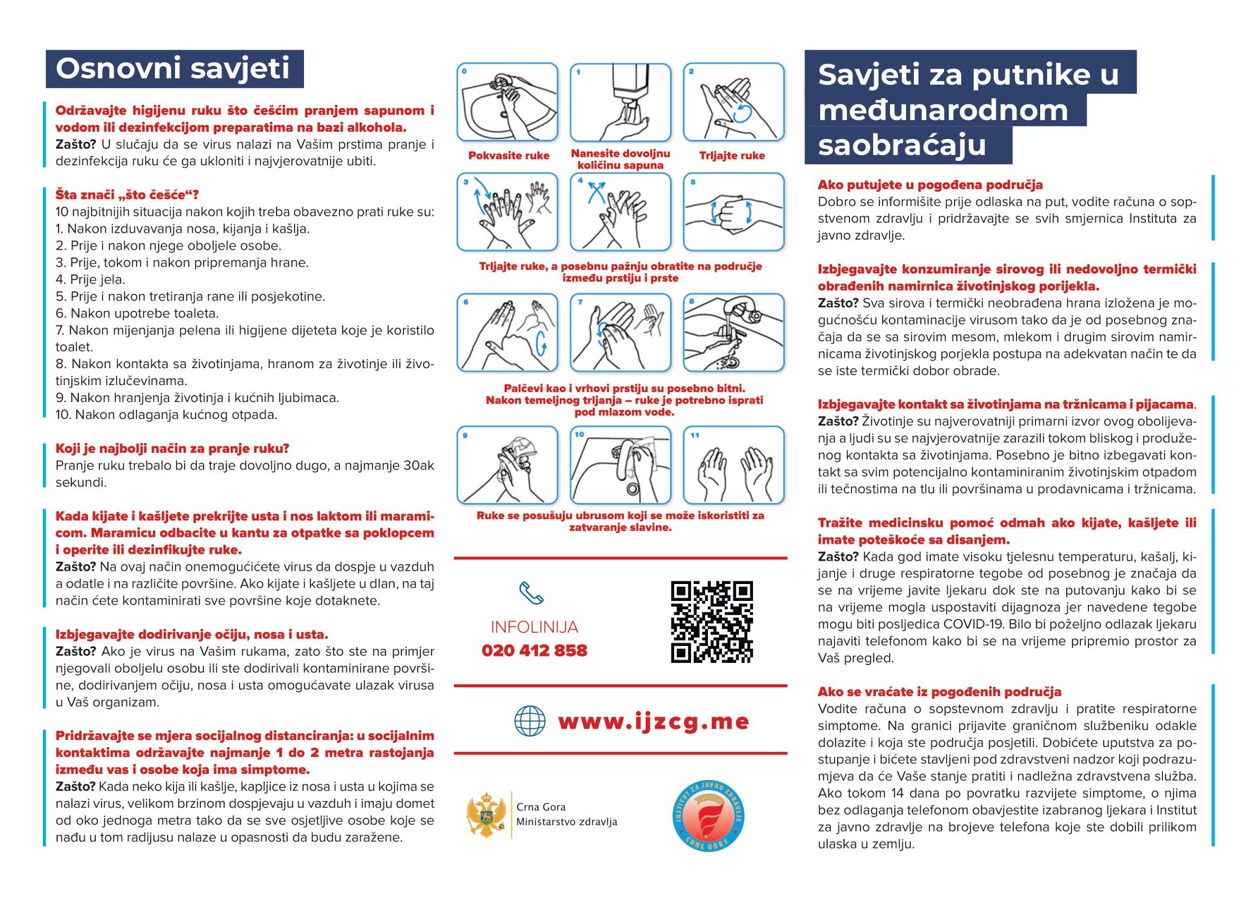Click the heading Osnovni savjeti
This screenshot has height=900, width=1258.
[173, 69]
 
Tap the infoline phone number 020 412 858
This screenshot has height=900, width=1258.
[535, 650]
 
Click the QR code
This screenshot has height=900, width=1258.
[712, 622]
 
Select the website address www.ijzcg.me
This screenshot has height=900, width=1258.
[653, 722]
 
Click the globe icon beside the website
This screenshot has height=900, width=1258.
[530, 721]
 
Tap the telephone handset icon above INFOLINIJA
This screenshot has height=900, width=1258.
[531, 593]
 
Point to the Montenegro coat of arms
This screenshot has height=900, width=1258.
[486, 815]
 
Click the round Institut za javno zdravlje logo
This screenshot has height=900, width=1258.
[708, 815]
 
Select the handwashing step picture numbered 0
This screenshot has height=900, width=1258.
[507, 102]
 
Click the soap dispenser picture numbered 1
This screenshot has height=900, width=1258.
[621, 102]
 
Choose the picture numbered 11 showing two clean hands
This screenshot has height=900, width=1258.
[733, 466]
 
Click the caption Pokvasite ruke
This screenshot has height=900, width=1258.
[508, 156]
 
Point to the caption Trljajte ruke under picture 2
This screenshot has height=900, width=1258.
[732, 156]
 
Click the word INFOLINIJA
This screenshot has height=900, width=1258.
[535, 627]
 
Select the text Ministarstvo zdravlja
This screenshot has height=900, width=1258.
[566, 822]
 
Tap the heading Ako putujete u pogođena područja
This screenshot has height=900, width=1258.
[930, 185]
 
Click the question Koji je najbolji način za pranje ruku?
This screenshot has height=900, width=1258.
[172, 449]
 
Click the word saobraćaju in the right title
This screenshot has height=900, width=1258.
[902, 145]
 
